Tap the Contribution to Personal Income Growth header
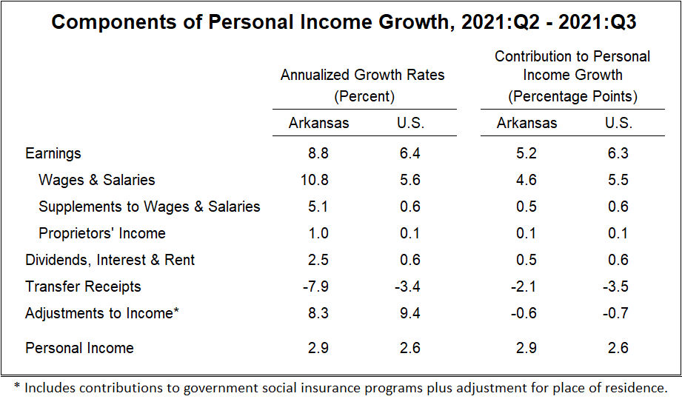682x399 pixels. tap(572, 76)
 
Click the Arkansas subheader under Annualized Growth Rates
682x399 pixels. tap(318, 123)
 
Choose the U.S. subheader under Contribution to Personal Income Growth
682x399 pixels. tap(618, 123)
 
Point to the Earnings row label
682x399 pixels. tap(53, 154)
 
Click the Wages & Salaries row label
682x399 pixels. tap(97, 180)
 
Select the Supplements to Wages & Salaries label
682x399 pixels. tap(150, 207)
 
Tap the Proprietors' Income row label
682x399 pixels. tap(102, 233)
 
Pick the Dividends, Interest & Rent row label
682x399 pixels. tap(110, 260)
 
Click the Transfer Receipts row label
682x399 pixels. tap(83, 286)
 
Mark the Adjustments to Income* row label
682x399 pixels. tap(102, 313)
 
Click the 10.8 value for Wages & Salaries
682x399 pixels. tap(318, 180)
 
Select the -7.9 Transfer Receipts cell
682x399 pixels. tap(318, 286)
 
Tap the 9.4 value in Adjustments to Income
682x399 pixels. tap(409, 313)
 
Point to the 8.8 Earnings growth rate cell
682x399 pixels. tap(318, 154)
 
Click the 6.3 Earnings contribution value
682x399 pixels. tap(618, 154)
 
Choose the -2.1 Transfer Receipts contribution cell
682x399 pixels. tap(527, 286)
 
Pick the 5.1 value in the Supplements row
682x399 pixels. tap(318, 207)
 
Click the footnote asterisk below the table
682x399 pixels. tap(16, 386)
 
